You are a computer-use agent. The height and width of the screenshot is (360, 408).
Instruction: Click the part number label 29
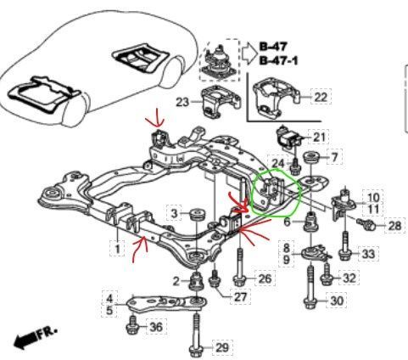221,347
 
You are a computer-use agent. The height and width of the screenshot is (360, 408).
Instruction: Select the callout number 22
321,97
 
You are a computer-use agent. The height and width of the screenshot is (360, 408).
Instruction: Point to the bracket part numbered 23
221,103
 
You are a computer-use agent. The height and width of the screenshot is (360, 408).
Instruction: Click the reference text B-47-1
278,60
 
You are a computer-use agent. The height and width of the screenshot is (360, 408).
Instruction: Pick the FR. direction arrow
36,337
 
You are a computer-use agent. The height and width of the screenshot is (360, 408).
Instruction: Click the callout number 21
319,138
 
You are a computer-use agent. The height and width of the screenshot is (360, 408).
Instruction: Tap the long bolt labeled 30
310,287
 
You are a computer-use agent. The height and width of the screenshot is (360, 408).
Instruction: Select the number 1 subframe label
117,249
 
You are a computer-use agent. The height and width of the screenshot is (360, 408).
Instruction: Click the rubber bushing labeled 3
197,214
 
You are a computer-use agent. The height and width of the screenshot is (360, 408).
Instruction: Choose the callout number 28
394,226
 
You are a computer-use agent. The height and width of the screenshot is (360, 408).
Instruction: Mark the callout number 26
265,278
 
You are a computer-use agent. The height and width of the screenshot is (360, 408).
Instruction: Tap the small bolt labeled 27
215,278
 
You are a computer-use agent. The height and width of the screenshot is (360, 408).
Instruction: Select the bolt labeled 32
327,274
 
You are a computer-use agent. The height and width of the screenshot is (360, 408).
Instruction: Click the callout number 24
278,163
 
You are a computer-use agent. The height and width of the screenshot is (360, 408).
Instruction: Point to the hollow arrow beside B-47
249,53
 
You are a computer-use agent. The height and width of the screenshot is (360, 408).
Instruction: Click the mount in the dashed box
219,61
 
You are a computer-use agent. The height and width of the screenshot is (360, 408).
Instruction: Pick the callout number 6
287,222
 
